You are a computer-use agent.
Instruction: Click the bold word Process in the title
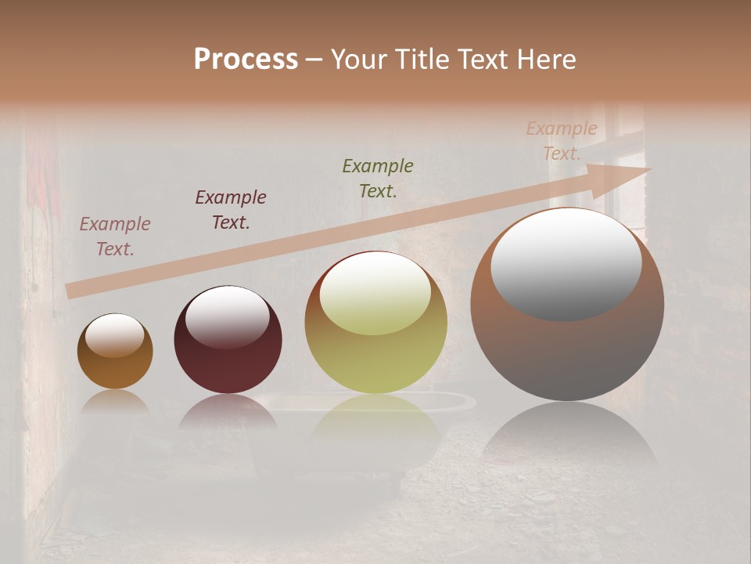[246, 60]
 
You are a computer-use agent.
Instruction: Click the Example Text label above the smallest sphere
[115, 237]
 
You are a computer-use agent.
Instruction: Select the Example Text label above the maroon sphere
[231, 210]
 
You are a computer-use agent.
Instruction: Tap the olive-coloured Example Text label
[378, 179]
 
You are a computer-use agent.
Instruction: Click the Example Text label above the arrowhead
[562, 141]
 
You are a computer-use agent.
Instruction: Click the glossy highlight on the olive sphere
[375, 293]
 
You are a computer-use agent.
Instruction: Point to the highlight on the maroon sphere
[227, 316]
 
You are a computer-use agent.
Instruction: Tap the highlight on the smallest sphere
[114, 335]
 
